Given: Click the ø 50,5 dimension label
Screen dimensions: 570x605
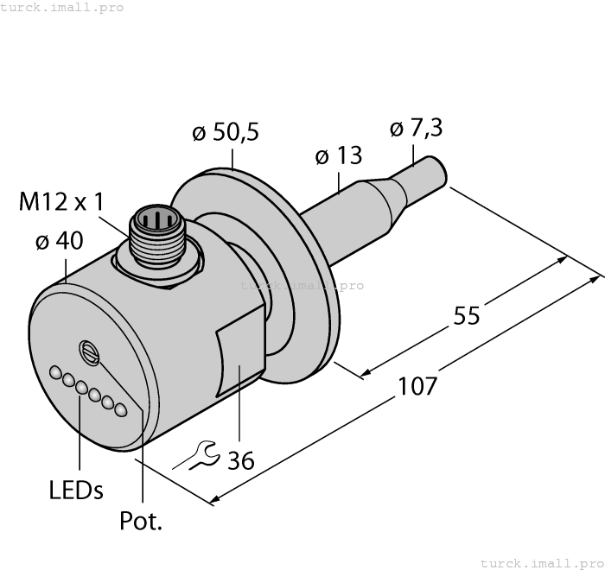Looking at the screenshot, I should (x=225, y=133).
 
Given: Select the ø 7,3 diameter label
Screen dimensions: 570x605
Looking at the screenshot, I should (x=416, y=128).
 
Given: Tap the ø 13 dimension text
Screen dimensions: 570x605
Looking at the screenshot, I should (x=338, y=156).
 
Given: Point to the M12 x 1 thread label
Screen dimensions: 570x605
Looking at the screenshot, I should (x=61, y=202).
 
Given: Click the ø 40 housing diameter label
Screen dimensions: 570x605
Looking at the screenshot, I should (x=59, y=242).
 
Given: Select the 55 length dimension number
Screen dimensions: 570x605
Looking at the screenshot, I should (x=467, y=316).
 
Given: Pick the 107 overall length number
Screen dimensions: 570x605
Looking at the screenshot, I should (x=417, y=385).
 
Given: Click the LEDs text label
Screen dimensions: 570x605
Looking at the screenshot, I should (x=76, y=491).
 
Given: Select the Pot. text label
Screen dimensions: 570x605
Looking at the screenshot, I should (x=141, y=522).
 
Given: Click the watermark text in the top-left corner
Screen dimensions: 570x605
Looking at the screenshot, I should (x=61, y=8).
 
